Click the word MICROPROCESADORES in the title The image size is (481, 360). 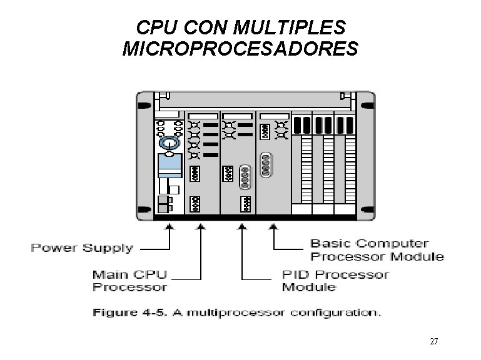241,48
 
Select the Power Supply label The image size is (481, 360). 82,248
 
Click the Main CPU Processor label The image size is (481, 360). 129,281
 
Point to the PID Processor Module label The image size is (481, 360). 335,281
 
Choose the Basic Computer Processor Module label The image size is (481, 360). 377,249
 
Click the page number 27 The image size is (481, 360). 434,342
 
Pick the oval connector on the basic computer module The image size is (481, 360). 268,165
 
